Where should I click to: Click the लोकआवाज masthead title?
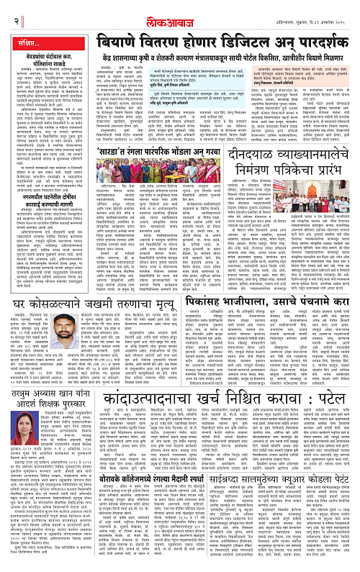coord(179,8)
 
